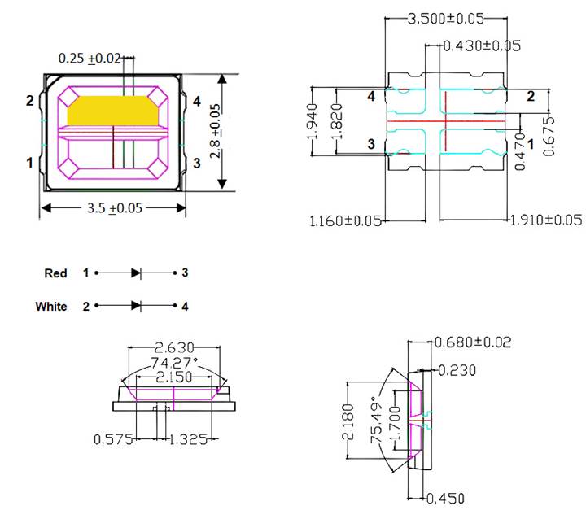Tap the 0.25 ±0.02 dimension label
coord(90,59)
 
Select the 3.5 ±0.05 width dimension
coord(114,208)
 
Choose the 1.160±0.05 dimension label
coord(345,220)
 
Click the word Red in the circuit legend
coord(55,274)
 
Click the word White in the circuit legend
coord(50,307)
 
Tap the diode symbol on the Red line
coord(136,274)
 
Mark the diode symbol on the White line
coord(136,306)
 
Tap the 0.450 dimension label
coord(456,499)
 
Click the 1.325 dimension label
coord(193,439)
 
